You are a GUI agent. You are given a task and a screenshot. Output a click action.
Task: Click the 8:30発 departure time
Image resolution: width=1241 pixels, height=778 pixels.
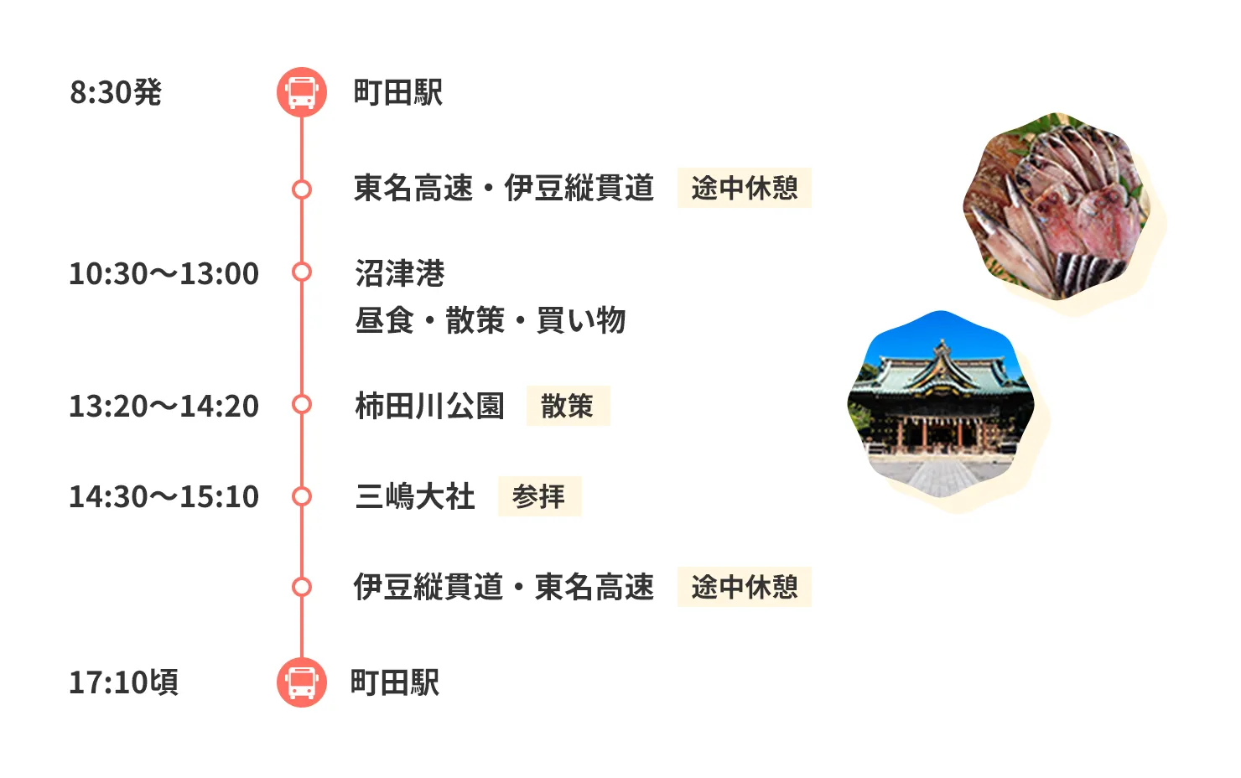[x=116, y=92]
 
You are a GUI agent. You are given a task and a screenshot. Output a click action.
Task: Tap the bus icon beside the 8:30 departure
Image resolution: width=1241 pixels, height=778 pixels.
[x=302, y=92]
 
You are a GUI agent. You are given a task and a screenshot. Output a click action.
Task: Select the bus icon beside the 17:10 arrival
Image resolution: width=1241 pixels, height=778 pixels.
[x=302, y=682]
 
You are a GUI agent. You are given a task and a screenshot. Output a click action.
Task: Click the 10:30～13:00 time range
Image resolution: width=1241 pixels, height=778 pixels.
[x=164, y=273]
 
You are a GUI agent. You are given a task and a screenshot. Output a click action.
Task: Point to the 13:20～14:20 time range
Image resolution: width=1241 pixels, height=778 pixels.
[x=164, y=406]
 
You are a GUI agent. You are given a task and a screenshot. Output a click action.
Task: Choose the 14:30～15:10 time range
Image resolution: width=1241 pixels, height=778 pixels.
[x=164, y=496]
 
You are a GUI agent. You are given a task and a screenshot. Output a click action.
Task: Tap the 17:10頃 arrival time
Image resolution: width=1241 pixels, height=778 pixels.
[x=124, y=682]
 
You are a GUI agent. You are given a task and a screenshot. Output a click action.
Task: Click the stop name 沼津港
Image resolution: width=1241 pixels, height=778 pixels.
[x=399, y=273]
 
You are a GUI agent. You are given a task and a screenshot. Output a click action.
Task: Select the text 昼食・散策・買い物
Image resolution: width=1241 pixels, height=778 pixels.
[x=491, y=320]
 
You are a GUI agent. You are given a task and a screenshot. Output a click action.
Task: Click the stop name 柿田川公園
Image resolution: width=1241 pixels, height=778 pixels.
[x=429, y=406]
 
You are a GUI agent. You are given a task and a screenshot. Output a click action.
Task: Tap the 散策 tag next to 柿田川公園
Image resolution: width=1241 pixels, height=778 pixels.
[x=568, y=406]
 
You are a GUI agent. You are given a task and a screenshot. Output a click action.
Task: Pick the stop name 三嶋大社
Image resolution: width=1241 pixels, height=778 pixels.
[x=414, y=496]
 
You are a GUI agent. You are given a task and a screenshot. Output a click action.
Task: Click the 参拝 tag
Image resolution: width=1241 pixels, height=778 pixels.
[x=540, y=496]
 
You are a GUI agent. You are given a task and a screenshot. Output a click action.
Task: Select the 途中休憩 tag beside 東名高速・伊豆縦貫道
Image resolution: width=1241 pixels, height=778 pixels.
[x=744, y=188]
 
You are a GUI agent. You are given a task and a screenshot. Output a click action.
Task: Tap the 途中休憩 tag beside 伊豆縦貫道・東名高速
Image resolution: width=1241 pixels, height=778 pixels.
[x=744, y=587]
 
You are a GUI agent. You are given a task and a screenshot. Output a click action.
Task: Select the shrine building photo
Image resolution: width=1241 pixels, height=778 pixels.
[x=941, y=404]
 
